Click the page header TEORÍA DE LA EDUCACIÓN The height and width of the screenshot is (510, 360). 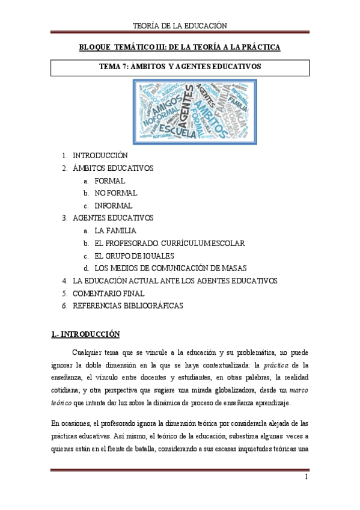(x=180, y=25)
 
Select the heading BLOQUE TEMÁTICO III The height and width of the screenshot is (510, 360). (x=180, y=46)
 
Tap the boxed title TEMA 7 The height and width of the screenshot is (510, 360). (x=180, y=67)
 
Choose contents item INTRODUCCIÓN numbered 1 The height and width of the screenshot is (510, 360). (x=100, y=155)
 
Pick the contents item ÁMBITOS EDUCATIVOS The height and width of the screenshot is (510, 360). (x=112, y=168)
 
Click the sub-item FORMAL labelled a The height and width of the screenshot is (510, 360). (x=110, y=180)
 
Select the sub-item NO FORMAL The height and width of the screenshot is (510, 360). (x=116, y=193)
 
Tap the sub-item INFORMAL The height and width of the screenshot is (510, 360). (x=114, y=206)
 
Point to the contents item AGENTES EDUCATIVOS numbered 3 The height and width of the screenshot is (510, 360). (x=112, y=218)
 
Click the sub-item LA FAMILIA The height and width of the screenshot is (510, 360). (x=115, y=230)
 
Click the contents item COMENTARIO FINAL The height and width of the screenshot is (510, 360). (x=108, y=293)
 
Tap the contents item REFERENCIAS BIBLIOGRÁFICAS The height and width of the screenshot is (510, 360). (x=127, y=306)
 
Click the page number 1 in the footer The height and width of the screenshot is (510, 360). (x=306, y=478)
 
